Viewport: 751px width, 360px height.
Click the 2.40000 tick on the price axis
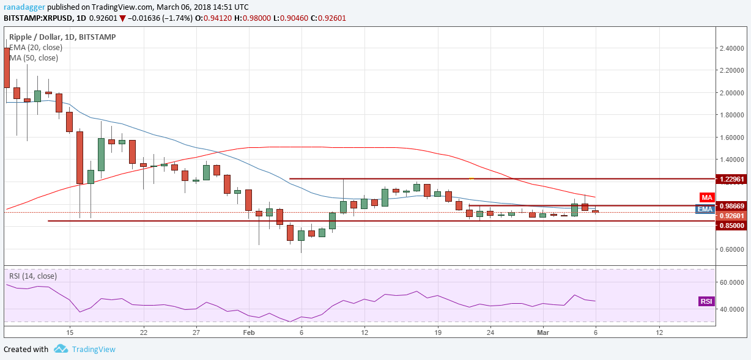(x=732, y=48)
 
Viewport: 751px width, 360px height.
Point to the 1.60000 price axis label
(x=732, y=138)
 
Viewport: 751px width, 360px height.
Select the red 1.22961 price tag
(x=733, y=179)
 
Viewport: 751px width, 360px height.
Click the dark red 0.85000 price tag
(x=733, y=226)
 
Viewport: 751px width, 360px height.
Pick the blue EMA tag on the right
(x=705, y=209)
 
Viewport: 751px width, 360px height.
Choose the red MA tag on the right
(x=706, y=197)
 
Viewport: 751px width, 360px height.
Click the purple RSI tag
(x=706, y=301)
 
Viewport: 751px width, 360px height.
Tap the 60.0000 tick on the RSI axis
(x=732, y=282)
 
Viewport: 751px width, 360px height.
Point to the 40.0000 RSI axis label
(x=732, y=309)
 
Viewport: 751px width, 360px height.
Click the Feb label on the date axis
(x=248, y=332)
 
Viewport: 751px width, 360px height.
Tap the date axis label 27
(x=196, y=332)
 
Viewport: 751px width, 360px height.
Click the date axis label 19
(x=438, y=332)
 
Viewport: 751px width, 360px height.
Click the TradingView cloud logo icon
(x=61, y=349)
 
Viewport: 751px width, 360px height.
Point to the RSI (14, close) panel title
(x=33, y=276)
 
